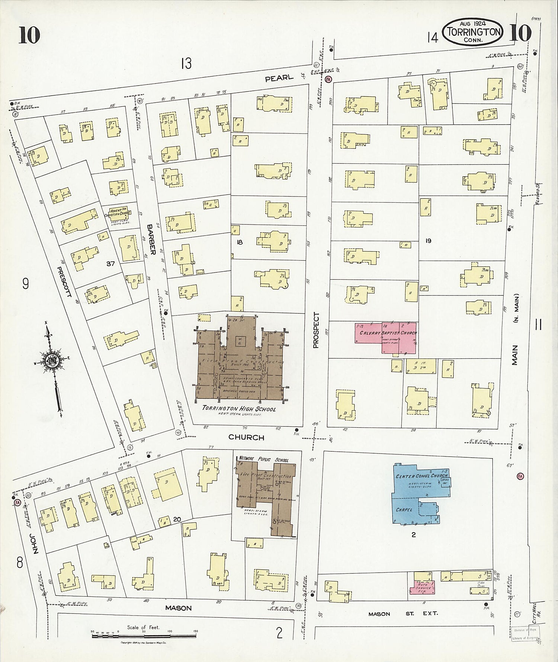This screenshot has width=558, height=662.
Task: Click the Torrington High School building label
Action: tap(239, 409)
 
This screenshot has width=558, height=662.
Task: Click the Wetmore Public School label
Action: tap(263, 460)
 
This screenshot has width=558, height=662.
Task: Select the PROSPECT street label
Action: tap(316, 330)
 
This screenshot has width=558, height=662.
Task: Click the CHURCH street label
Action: tap(246, 437)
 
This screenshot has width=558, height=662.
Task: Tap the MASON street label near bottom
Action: tap(178, 608)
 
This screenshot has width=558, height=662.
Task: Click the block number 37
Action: tap(110, 263)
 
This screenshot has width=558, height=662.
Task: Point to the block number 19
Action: tap(428, 241)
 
